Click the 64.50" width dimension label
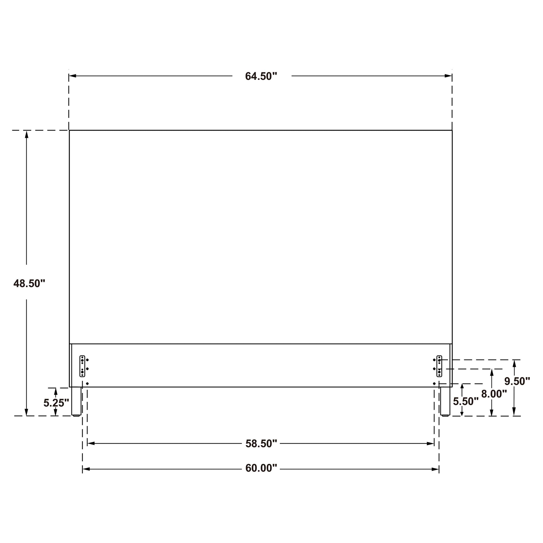coord(261,76)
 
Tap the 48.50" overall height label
coord(29,283)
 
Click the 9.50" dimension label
coord(517,381)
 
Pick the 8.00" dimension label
coord(494,394)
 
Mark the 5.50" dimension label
coord(466,401)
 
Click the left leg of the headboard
coord(76,401)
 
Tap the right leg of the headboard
coord(445,401)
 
